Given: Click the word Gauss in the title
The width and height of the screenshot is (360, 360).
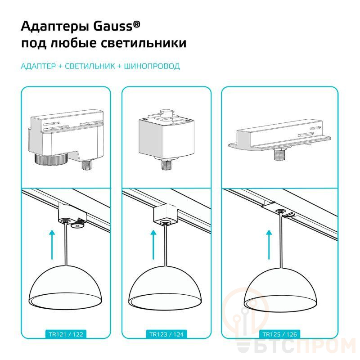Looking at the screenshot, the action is [113, 27].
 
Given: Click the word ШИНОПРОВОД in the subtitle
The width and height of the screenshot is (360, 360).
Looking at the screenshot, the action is [152, 66].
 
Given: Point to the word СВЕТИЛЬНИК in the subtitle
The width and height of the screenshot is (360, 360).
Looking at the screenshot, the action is [90, 66].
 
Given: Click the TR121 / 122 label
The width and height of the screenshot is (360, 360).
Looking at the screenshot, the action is [66, 334].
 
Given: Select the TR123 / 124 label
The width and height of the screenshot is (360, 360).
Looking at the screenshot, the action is [166, 334].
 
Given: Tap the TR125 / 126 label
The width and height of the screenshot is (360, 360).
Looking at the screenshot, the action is [279, 334].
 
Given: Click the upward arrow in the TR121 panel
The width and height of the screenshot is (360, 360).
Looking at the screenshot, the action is [52, 245].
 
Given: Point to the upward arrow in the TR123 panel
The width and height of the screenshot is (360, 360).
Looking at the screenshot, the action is [153, 245].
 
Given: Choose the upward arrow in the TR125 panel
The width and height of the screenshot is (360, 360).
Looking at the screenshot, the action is [269, 245].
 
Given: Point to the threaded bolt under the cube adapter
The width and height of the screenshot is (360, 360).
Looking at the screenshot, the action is [166, 164].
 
